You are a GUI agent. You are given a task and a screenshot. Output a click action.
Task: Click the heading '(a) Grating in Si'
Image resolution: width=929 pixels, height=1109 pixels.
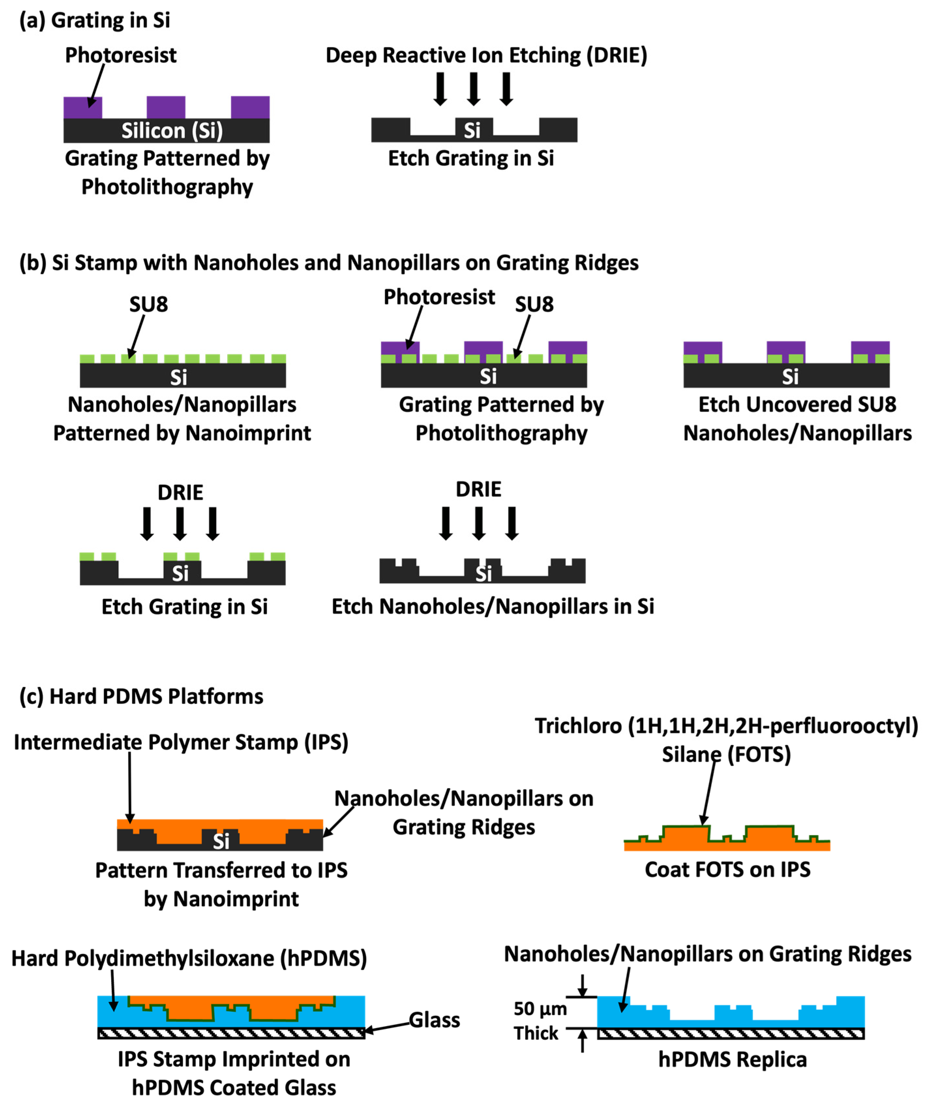[95, 21]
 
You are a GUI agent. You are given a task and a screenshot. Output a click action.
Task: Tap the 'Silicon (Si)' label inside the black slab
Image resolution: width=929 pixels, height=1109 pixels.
[172, 130]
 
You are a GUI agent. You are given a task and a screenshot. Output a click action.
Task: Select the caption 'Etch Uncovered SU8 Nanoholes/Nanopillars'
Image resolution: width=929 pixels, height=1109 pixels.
[797, 419]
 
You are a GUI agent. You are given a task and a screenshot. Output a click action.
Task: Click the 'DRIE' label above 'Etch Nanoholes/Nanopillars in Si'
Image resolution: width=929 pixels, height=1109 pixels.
[478, 490]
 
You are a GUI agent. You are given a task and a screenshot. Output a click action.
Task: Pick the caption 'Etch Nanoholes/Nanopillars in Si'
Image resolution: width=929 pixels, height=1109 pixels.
[493, 607]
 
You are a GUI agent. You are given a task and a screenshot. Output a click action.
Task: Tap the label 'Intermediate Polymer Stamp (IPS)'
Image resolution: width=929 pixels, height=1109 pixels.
[181, 742]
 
